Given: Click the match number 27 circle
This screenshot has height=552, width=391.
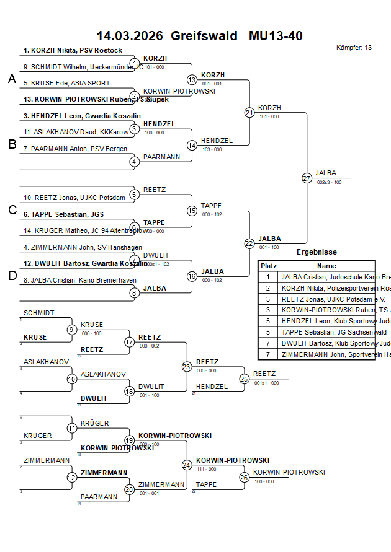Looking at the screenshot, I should pyautogui.click(x=307, y=178).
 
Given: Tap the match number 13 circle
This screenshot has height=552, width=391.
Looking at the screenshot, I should pyautogui.click(x=192, y=79).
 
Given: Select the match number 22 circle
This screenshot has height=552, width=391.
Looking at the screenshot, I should pyautogui.click(x=249, y=243).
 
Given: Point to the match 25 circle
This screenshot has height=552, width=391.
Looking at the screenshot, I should pyautogui.click(x=245, y=378).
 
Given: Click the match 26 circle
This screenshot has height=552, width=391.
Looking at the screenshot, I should pyautogui.click(x=245, y=477).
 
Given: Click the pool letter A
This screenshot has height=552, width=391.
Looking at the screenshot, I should pyautogui.click(x=12, y=79).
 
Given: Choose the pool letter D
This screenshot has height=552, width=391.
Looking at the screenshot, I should pyautogui.click(x=12, y=276).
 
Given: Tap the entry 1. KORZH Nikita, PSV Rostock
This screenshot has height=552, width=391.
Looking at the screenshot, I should pyautogui.click(x=73, y=50).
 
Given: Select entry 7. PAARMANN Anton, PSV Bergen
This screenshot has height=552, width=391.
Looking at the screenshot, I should pyautogui.click(x=75, y=149).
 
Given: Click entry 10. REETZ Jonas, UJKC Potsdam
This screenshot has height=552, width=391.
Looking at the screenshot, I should pyautogui.click(x=74, y=198).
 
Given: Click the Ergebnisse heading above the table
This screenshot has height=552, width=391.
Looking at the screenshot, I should pyautogui.click(x=317, y=252).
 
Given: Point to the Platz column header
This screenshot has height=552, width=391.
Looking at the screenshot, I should pyautogui.click(x=268, y=265).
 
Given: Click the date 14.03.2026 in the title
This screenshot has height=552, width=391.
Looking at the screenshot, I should pyautogui.click(x=130, y=36).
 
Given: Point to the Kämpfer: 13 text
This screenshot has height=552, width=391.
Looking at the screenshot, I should pyautogui.click(x=354, y=48).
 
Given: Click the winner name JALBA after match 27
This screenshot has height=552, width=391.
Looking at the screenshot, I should pyautogui.click(x=326, y=173).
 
